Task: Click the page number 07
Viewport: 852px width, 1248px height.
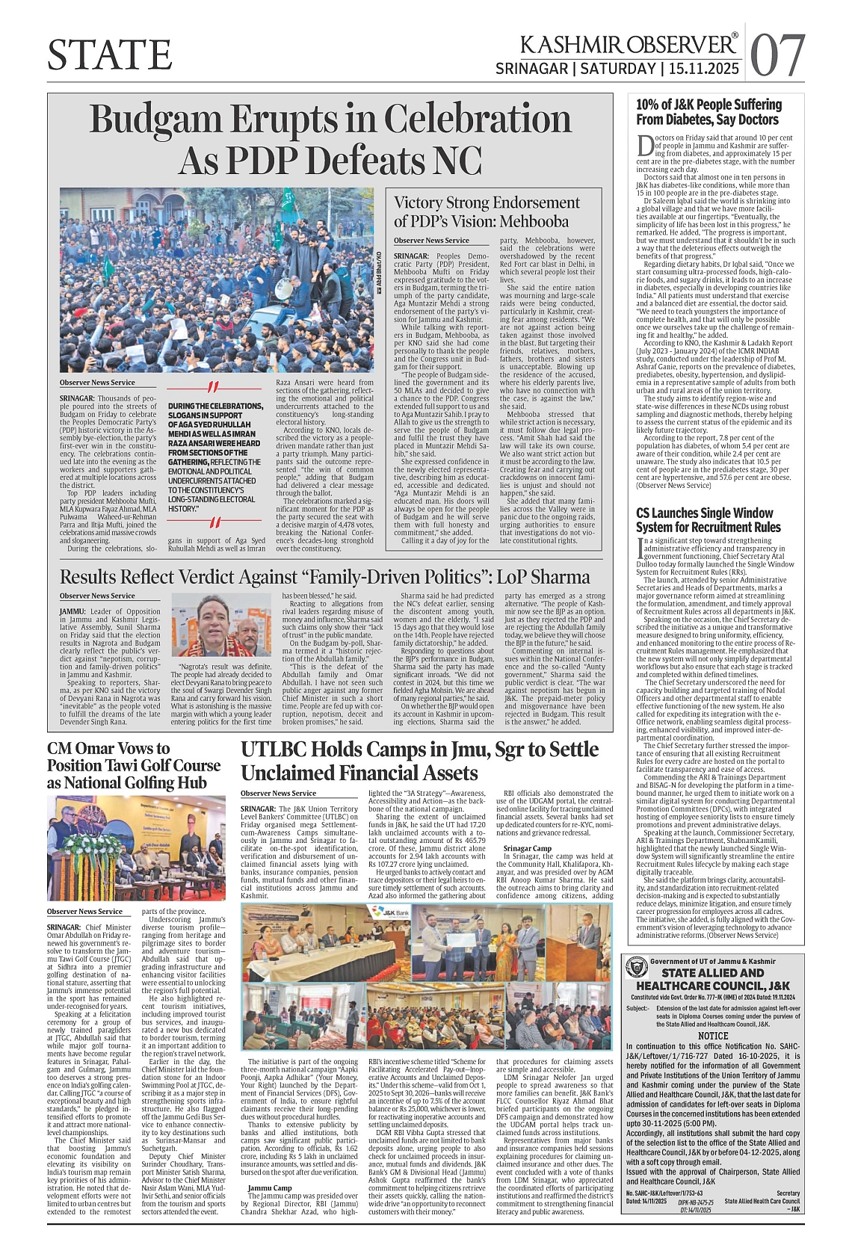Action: (778, 55)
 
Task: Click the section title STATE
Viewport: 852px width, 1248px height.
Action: (110, 55)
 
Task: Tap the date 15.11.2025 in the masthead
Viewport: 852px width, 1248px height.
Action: (702, 69)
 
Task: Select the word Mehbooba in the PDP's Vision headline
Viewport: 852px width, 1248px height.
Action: (534, 222)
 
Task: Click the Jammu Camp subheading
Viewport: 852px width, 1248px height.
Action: (270, 1187)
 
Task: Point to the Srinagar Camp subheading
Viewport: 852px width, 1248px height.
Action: (528, 847)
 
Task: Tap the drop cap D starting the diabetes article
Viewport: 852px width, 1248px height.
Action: (643, 144)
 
